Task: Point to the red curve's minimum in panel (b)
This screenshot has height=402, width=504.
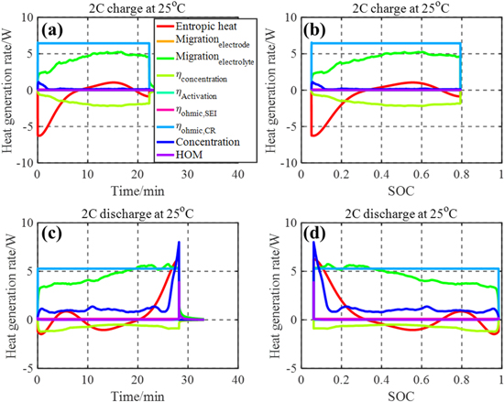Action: coord(315,136)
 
